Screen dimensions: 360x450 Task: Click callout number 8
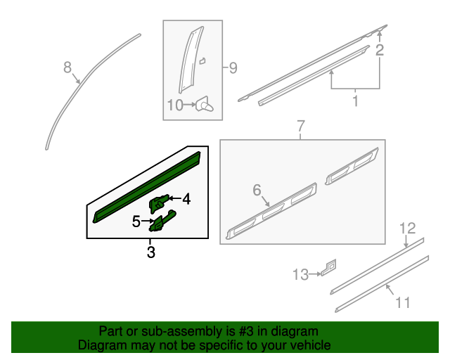[67, 67]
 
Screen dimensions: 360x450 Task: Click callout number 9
[232, 68]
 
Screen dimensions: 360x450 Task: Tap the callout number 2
[380, 50]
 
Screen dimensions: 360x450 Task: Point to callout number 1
[355, 101]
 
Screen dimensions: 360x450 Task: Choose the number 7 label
[300, 127]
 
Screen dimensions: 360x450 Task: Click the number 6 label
[257, 190]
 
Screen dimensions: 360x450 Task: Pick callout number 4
[186, 200]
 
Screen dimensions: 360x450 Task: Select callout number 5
[136, 222]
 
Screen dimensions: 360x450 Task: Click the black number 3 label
[150, 252]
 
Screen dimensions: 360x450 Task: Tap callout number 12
[408, 228]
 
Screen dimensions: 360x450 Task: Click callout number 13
[301, 274]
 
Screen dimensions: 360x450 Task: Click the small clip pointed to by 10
[205, 105]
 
